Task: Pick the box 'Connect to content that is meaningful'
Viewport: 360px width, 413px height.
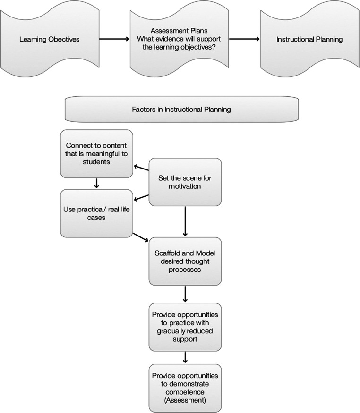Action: click(96, 153)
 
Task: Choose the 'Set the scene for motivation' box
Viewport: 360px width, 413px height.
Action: click(185, 182)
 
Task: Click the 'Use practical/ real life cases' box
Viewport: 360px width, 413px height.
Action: click(96, 213)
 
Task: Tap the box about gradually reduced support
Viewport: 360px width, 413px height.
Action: click(185, 325)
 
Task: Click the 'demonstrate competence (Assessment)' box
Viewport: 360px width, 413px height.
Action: click(185, 388)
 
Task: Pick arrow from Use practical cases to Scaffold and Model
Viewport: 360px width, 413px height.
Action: click(141, 237)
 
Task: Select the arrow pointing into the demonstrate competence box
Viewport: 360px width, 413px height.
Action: click(185, 356)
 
